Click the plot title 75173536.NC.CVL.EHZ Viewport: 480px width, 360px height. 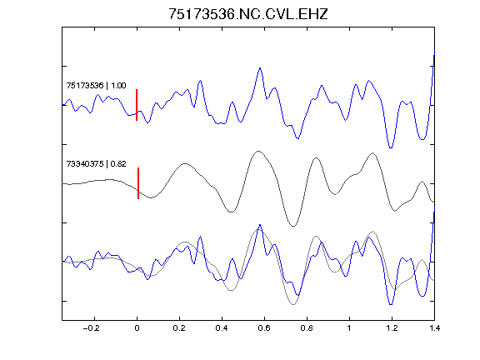click(x=248, y=14)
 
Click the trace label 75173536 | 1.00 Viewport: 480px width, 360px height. click(x=96, y=85)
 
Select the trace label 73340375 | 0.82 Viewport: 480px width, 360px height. click(x=96, y=164)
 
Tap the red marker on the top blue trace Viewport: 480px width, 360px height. click(x=137, y=105)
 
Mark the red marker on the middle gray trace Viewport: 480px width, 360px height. click(x=138, y=183)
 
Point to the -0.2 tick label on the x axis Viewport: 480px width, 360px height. click(x=91, y=328)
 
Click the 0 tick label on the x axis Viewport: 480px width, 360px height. click(x=137, y=328)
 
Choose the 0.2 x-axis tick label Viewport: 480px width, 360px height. click(x=179, y=328)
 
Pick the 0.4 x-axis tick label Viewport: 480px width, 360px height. click(x=222, y=328)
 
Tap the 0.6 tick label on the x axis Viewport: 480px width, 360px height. click(x=264, y=328)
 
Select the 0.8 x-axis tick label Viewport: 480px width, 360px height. click(x=307, y=328)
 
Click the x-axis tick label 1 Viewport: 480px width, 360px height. click(x=349, y=328)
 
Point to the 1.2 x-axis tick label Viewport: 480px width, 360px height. click(x=392, y=328)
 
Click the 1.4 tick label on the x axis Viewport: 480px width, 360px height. click(x=434, y=328)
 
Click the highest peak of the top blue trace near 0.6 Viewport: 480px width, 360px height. click(x=260, y=68)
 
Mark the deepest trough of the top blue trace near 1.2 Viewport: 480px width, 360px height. click(x=391, y=147)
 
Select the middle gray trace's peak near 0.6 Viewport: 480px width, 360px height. click(x=258, y=151)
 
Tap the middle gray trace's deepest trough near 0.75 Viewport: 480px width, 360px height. click(x=293, y=226)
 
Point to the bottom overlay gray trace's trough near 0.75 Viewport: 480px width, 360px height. click(x=293, y=305)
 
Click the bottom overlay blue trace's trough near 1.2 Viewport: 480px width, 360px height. click(x=391, y=305)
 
